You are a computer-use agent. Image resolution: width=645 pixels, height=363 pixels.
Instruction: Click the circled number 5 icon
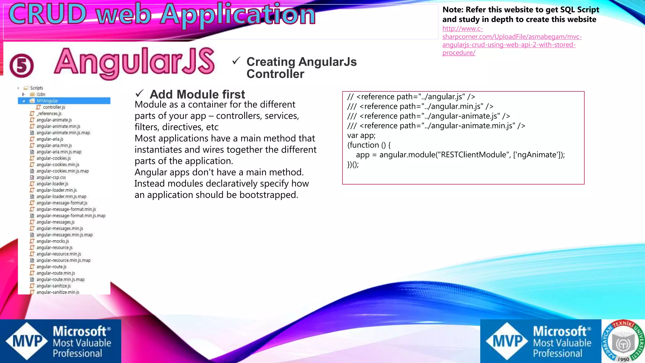pyautogui.click(x=21, y=66)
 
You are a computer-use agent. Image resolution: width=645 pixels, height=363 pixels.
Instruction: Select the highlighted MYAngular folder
pyautogui.click(x=47, y=101)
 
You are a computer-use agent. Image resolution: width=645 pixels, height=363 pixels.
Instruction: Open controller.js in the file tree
pyautogui.click(x=54, y=107)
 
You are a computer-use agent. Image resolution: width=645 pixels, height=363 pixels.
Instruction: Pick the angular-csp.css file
pyautogui.click(x=51, y=177)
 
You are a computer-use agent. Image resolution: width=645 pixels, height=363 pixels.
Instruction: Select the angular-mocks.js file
pyautogui.click(x=53, y=241)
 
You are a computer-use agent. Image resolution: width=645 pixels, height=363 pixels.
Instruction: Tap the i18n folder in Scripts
pyautogui.click(x=41, y=94)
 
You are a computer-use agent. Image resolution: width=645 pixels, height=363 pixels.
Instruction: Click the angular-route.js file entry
pyautogui.click(x=51, y=267)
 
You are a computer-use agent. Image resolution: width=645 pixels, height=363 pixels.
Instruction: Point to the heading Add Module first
pyautogui.click(x=197, y=94)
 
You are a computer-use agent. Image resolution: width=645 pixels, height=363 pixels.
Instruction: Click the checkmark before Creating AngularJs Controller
pyautogui.click(x=236, y=60)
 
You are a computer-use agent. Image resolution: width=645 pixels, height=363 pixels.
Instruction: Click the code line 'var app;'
pyautogui.click(x=361, y=135)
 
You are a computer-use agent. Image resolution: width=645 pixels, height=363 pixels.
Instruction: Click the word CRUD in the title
pyautogui.click(x=47, y=14)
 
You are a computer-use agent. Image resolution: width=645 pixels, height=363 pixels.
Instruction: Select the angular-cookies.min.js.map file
pyautogui.click(x=62, y=171)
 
